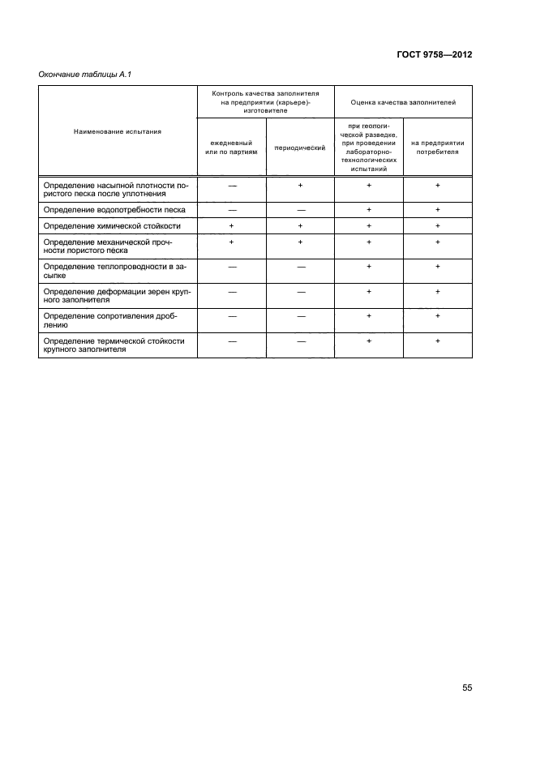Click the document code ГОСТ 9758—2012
coord(434,54)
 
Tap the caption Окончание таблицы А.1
coord(86,75)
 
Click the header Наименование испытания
coord(118,131)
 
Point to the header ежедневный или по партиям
coord(231,147)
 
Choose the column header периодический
coord(300,148)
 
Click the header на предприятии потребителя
coord(438,147)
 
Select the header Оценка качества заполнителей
coord(403,103)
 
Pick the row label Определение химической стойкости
coord(111,225)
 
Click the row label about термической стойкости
coord(114,345)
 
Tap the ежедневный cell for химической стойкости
coord(231,225)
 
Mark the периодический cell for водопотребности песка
coord(300,209)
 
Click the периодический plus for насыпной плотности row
coord(300,186)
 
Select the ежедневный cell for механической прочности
coord(231,242)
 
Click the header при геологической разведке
coord(369,147)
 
